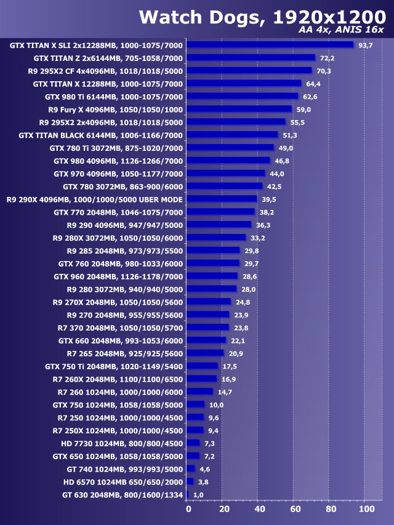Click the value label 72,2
pos(326,58)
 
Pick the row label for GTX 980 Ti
pos(114,97)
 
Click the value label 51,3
pos(289,135)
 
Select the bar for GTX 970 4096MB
pos(225,174)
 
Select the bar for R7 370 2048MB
pos(207,327)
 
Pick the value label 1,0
pos(198,494)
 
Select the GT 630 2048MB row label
pos(123,494)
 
